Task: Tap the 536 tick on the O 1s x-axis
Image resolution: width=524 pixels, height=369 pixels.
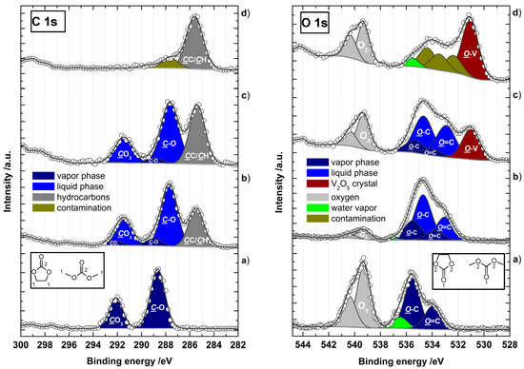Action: (406, 334)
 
